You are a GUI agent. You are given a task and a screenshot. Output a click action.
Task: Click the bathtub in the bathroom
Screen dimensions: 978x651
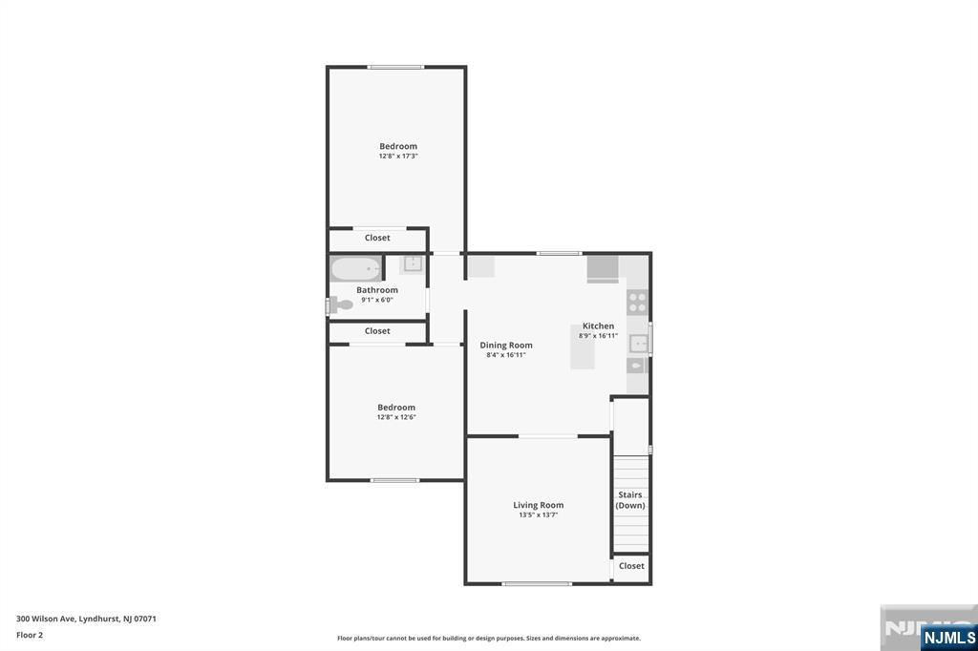coord(355,269)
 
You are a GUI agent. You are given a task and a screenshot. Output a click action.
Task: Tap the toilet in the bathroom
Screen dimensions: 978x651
coord(341,304)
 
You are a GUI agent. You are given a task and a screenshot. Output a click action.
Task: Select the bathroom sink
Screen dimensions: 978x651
coord(413,263)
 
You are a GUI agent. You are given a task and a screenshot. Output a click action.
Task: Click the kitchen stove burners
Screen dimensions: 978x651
coord(637,303)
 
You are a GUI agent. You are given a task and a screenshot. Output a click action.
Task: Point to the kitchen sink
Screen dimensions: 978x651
coord(637,345)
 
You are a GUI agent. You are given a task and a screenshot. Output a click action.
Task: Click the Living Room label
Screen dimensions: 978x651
coord(539,505)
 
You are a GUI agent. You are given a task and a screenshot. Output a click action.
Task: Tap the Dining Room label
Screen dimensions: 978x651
coord(506,345)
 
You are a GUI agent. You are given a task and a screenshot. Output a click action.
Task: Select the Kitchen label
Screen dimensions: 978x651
coord(598,325)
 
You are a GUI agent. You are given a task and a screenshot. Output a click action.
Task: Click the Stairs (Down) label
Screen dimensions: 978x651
coord(630,500)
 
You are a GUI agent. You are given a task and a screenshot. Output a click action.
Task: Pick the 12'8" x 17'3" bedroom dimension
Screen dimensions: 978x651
coord(398,156)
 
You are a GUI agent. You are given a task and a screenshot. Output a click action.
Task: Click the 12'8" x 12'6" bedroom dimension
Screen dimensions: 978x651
coord(396,417)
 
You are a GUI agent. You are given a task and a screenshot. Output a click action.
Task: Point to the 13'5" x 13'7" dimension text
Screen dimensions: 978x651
coord(539,515)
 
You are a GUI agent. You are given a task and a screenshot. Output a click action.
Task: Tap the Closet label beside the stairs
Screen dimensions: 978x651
coord(631,566)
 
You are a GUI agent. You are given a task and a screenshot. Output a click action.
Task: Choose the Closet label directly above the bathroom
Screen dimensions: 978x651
coord(377,238)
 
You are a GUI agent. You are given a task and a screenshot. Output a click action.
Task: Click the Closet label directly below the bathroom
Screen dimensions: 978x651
coord(377,331)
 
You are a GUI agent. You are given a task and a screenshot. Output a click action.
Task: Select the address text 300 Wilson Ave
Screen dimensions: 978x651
coord(46,619)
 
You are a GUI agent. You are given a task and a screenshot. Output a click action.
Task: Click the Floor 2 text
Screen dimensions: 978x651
coord(30,635)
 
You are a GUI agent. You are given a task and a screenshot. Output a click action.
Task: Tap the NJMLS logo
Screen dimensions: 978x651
coord(948,638)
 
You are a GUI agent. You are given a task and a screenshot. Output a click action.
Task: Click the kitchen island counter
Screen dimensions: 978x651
coord(583,346)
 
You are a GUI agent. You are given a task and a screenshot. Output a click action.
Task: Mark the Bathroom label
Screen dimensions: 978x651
coord(377,290)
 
